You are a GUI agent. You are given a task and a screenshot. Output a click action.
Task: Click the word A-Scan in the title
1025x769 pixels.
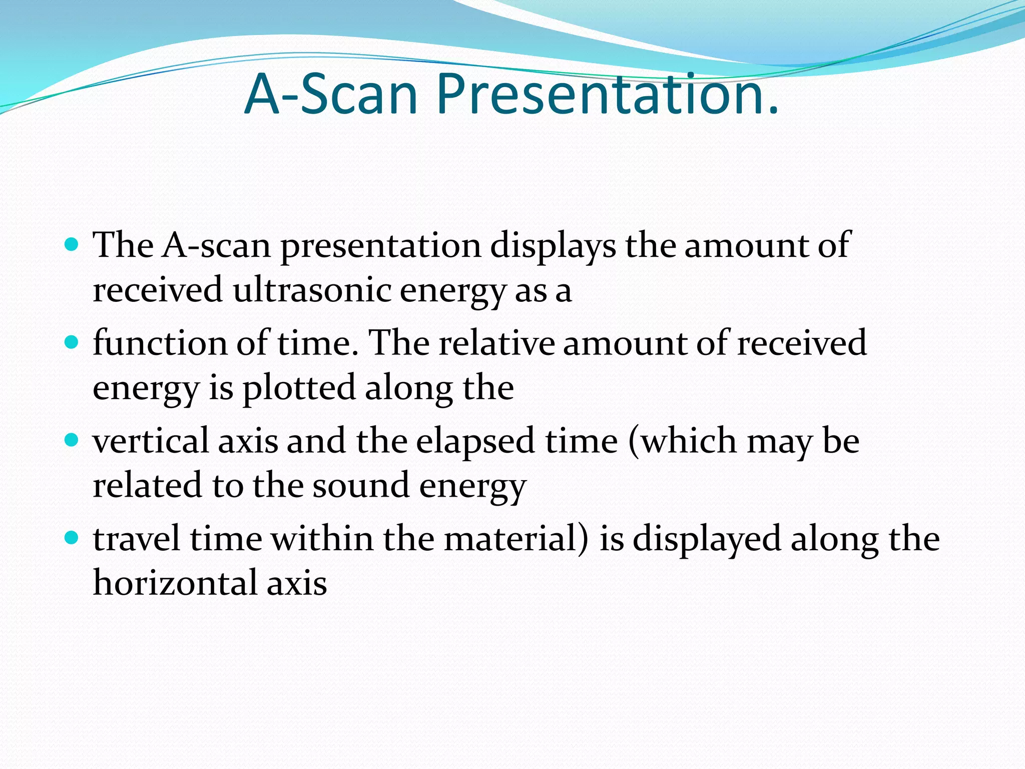[330, 95]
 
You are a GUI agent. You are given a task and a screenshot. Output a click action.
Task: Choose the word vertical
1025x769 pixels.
[151, 441]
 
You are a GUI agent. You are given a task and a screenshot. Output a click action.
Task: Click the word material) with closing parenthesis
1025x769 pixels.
[516, 539]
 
